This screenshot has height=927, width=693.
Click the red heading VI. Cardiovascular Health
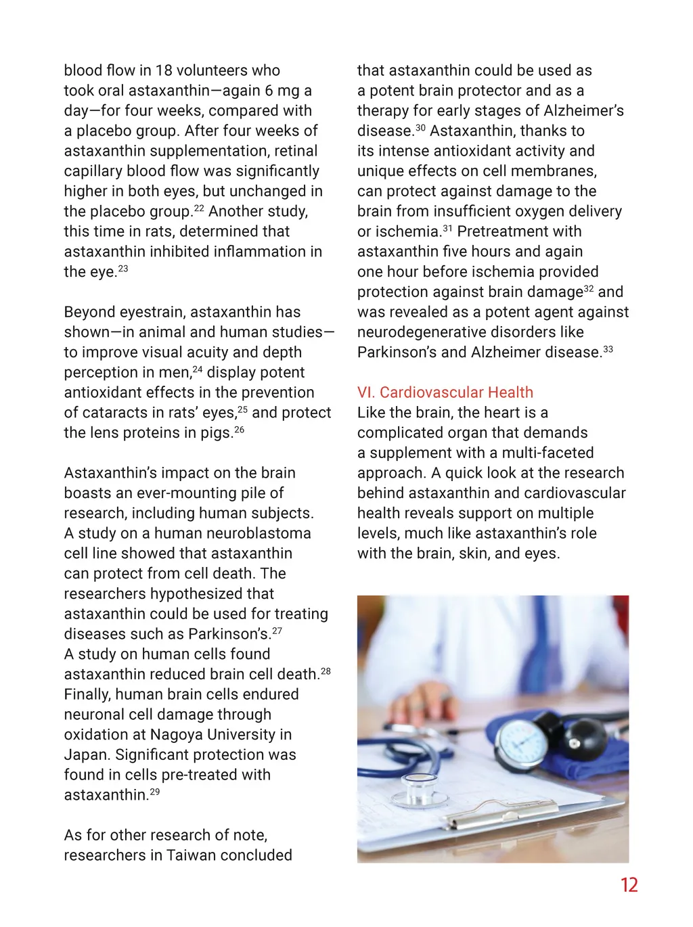tap(445, 392)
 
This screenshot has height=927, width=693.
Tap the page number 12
tap(629, 885)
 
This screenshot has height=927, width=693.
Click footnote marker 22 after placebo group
tap(198, 208)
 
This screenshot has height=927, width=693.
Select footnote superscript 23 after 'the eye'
tap(122, 269)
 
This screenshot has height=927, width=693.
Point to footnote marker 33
tap(608, 349)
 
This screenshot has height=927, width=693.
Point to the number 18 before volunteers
tap(164, 70)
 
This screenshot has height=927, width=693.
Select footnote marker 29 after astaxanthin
tap(155, 792)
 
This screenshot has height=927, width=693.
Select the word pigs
tap(215, 433)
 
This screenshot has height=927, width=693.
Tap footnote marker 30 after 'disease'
tap(420, 128)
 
